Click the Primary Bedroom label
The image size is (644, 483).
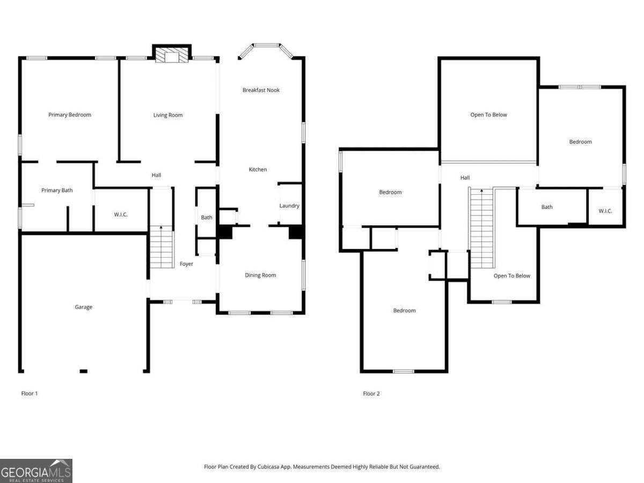tap(70, 115)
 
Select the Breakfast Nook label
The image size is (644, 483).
tap(261, 90)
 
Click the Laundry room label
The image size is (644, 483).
tap(289, 206)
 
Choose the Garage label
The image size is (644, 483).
tap(83, 307)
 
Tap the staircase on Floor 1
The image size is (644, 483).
tap(161, 247)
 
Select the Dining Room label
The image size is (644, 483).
tap(260, 275)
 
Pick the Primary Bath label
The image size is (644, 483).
tap(57, 190)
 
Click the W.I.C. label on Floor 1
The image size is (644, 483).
tap(121, 215)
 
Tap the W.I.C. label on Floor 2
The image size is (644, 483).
tap(605, 211)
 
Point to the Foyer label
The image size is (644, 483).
tap(186, 264)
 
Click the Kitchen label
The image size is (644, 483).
tap(258, 170)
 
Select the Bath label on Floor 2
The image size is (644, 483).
tap(547, 207)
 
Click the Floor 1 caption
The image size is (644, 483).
tap(30, 393)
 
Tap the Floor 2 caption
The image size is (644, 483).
tap(371, 393)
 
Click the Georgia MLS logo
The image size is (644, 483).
tap(36, 471)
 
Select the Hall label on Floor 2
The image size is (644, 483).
tap(465, 178)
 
